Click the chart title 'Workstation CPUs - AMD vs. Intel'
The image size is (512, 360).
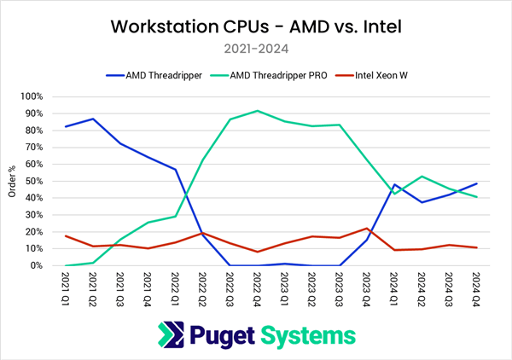(256, 26)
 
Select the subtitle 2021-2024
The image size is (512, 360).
(256, 49)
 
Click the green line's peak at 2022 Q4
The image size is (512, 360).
(257, 111)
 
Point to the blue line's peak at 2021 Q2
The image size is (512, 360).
(92, 119)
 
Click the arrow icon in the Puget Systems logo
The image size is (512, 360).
(178, 334)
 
